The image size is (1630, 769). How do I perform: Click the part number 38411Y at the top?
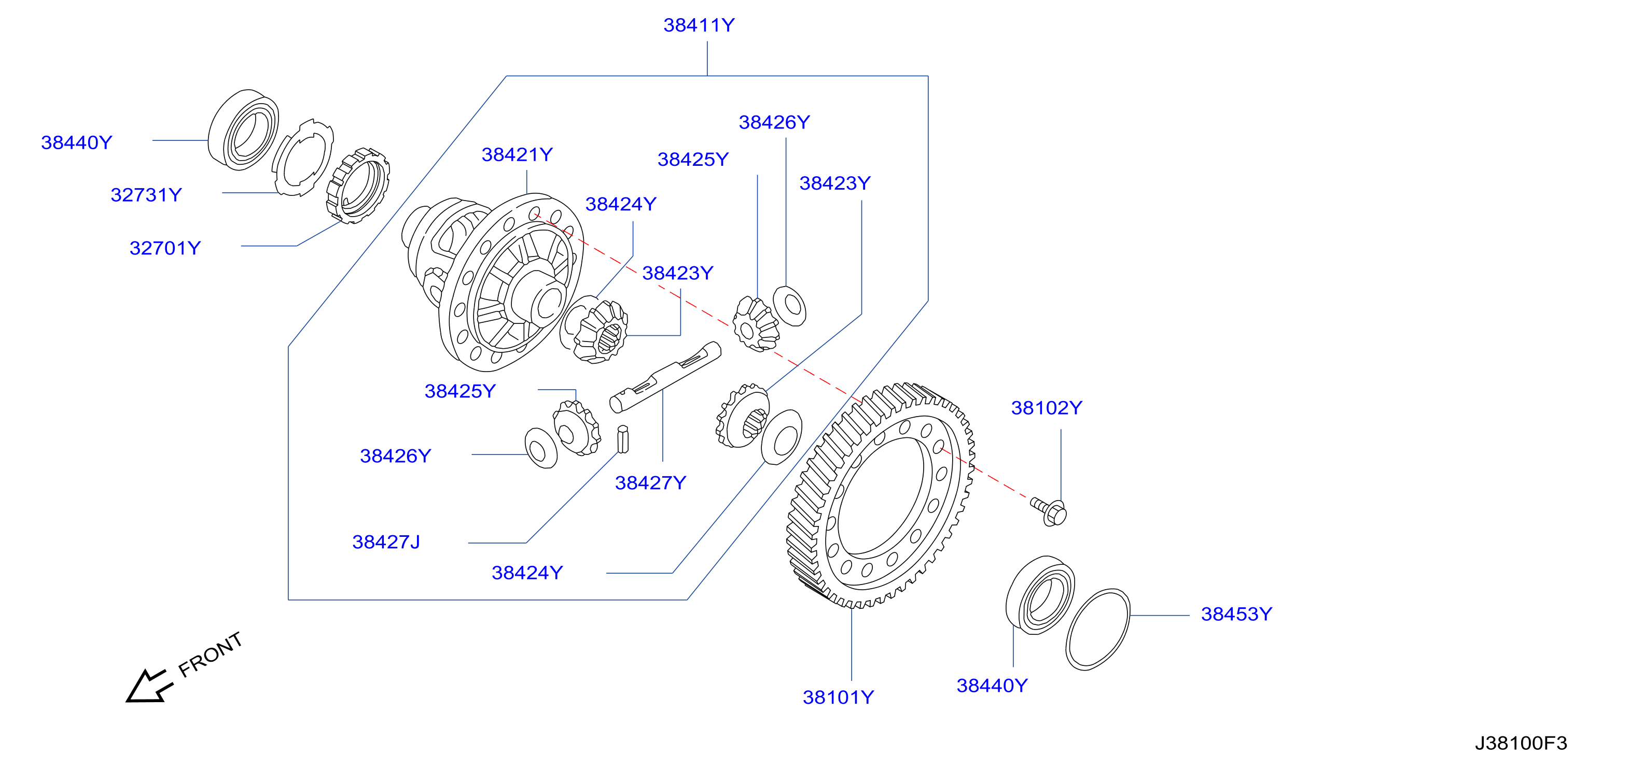[699, 25]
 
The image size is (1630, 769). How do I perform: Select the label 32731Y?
[146, 195]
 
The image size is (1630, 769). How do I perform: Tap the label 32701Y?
[165, 248]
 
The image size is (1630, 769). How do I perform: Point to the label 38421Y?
[517, 155]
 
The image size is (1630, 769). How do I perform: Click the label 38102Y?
[1047, 408]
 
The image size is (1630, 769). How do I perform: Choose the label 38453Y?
[1236, 614]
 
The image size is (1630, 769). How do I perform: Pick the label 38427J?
[386, 542]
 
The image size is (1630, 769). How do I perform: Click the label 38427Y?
[650, 483]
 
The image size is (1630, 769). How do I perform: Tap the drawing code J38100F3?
[1521, 743]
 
